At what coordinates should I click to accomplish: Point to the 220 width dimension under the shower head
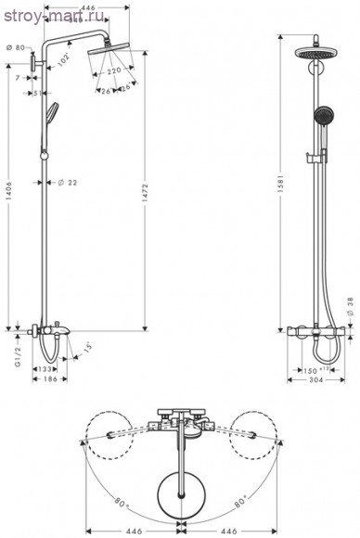coord(111,70)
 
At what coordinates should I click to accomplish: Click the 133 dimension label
coord(45,369)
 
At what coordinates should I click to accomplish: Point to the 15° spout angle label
coord(86,348)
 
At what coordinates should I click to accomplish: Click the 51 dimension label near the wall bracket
coord(35,93)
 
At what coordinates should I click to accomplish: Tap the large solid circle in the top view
coord(179,487)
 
